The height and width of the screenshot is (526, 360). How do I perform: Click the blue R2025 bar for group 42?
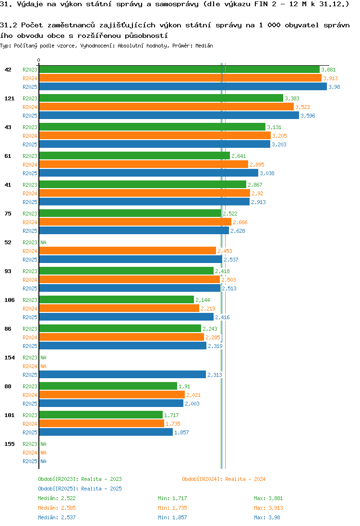pyautogui.click(x=182, y=87)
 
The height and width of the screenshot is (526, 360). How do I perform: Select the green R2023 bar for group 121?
pyautogui.click(x=161, y=98)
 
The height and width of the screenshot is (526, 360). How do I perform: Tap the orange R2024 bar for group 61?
pyautogui.click(x=143, y=165)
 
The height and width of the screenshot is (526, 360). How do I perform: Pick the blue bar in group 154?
pyautogui.click(x=122, y=375)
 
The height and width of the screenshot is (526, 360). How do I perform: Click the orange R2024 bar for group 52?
pyautogui.click(x=127, y=251)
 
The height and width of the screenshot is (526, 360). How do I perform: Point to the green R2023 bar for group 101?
pyautogui.click(x=101, y=415)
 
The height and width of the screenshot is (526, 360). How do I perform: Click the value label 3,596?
pyautogui.click(x=308, y=116)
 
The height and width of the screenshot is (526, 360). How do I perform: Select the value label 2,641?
pyautogui.click(x=239, y=156)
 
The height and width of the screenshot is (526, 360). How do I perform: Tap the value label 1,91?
pyautogui.click(x=184, y=386)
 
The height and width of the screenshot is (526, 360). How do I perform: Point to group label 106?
pyautogui.click(x=10, y=300)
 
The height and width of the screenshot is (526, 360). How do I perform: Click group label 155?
pyautogui.click(x=10, y=444)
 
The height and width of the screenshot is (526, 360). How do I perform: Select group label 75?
pyautogui.click(x=8, y=214)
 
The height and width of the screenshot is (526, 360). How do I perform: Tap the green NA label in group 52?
pyautogui.click(x=43, y=242)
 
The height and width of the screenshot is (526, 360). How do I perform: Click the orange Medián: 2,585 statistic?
pyautogui.click(x=57, y=508)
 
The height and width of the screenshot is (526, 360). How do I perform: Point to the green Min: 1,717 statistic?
pyautogui.click(x=172, y=498)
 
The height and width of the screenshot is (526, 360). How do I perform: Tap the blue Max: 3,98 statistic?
pyautogui.click(x=267, y=517)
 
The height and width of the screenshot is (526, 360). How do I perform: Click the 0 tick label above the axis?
pyautogui.click(x=39, y=60)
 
